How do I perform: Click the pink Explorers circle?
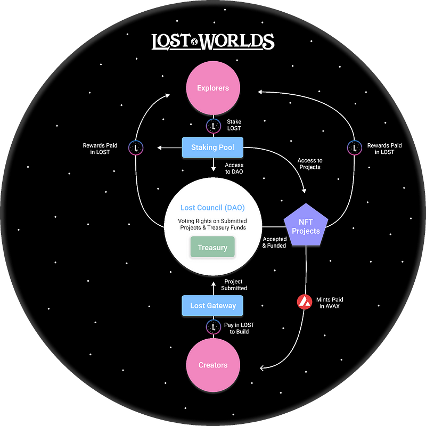[x=213, y=88]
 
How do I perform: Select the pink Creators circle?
[x=213, y=365]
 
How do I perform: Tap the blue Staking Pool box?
[x=212, y=148]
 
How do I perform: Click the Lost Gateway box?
[x=212, y=306]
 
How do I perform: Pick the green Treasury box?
[x=212, y=247]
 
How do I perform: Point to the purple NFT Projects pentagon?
[x=306, y=225]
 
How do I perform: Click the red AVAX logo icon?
[x=305, y=302]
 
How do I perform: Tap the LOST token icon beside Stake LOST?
[x=214, y=126]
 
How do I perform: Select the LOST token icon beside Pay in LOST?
[x=214, y=327]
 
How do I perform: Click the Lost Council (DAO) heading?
[x=212, y=208]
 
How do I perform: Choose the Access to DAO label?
[x=234, y=168]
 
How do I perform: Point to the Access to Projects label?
[x=310, y=164]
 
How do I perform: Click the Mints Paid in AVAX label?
[x=330, y=303]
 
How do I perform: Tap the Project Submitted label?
[x=234, y=285]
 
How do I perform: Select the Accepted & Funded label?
[x=274, y=242]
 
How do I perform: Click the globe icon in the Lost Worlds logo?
[x=194, y=42]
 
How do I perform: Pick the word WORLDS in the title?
[x=237, y=42]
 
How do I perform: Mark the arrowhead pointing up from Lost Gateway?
[x=214, y=284]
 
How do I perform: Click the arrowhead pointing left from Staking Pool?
[x=159, y=148]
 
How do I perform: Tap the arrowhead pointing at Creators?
[x=262, y=368]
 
